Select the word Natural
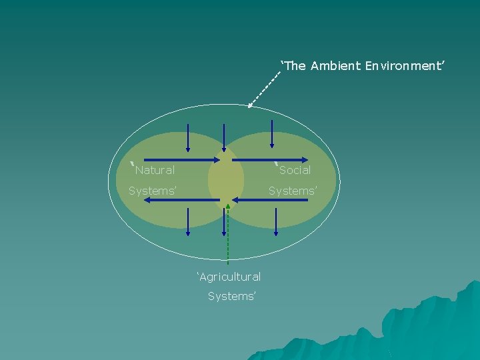click(x=155, y=170)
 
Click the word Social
click(x=295, y=170)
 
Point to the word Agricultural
click(x=229, y=276)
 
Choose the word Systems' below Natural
click(x=153, y=191)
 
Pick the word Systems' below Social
click(x=293, y=191)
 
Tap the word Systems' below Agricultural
click(x=231, y=296)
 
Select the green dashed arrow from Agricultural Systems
click(x=227, y=233)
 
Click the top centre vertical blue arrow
click(x=225, y=139)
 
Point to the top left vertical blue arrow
click(x=188, y=137)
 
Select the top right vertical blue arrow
click(x=271, y=133)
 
